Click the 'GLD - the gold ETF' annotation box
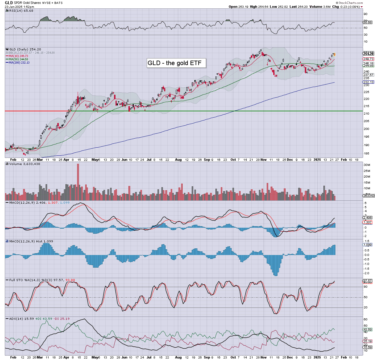pyautogui.click(x=176, y=63)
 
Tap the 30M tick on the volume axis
pyautogui.click(x=367, y=165)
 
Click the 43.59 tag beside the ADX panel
pyautogui.click(x=368, y=329)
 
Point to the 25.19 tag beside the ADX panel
pyautogui.click(x=368, y=341)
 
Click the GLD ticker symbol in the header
pyautogui.click(x=9, y=3)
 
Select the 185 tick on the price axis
pyautogui.click(x=366, y=154)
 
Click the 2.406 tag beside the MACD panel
pyautogui.click(x=368, y=218)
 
